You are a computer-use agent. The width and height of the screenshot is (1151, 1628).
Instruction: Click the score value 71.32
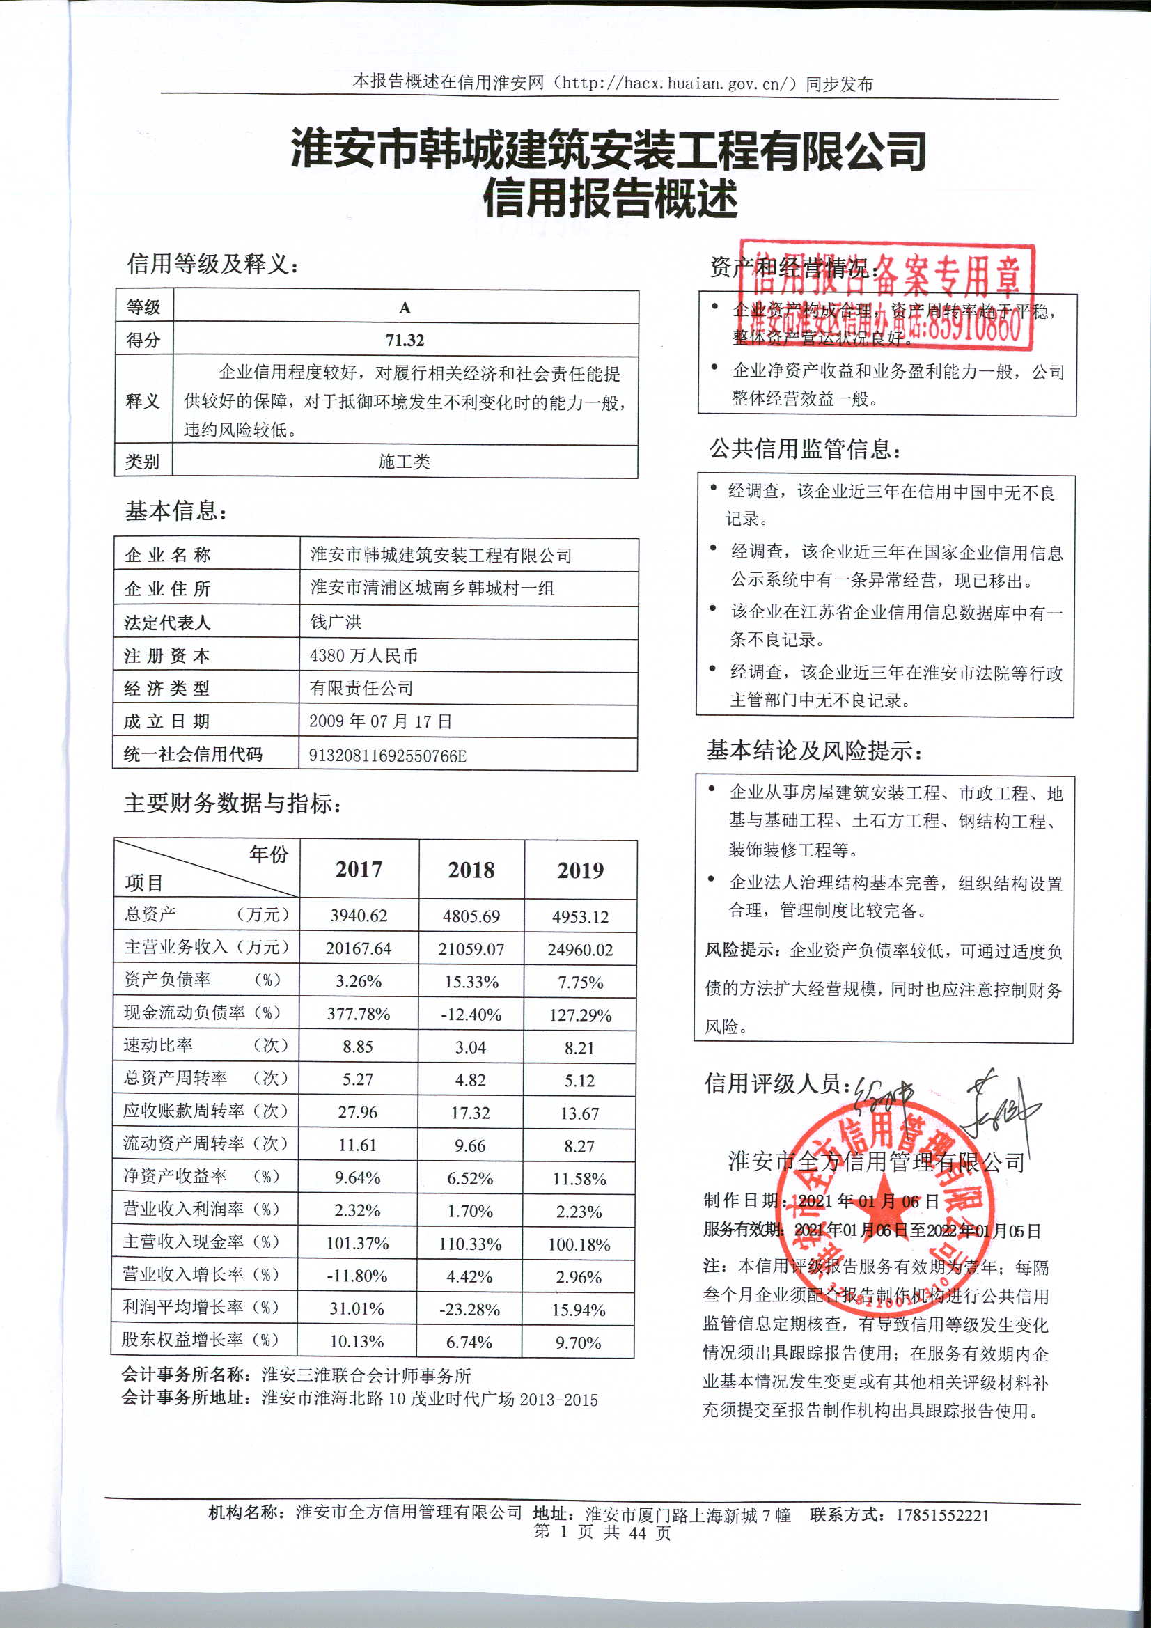405,341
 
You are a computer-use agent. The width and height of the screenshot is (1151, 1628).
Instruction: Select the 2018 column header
471,870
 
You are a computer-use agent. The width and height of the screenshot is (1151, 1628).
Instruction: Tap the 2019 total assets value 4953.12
580,917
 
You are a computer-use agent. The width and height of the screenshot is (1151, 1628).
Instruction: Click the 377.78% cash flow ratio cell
358,1015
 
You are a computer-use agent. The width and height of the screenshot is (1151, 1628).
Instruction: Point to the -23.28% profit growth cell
469,1310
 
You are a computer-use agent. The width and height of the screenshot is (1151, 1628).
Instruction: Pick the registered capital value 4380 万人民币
363,655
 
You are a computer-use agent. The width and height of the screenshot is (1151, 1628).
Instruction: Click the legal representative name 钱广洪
336,622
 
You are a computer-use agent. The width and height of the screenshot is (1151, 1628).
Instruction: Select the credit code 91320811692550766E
387,756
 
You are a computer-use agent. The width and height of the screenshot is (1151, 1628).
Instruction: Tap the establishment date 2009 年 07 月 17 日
380,721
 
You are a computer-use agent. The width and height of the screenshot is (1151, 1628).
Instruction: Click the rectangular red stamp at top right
885,297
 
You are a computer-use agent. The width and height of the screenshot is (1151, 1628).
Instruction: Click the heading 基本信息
176,510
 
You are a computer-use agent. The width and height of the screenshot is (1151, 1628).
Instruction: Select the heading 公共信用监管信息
806,449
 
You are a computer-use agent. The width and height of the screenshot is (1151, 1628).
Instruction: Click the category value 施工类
405,462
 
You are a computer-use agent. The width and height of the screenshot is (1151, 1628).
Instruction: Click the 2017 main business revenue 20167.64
358,948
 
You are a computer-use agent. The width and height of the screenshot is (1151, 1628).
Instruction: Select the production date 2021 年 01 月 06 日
868,1201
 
